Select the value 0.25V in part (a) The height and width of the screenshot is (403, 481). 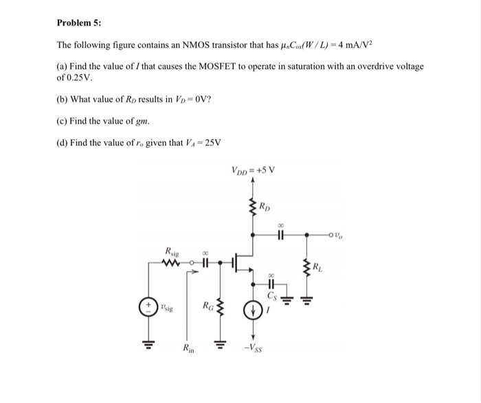click(77, 78)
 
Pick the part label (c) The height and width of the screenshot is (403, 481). click(62, 121)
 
